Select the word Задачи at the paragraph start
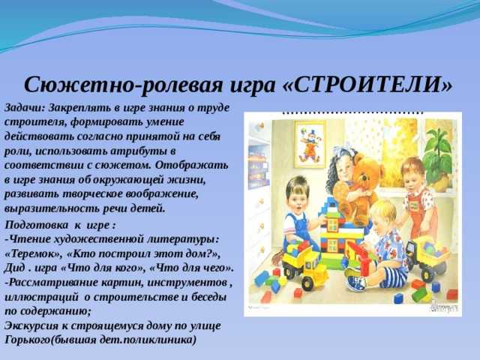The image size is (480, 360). (25, 108)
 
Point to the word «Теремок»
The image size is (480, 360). (33, 254)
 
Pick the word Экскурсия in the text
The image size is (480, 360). (31, 326)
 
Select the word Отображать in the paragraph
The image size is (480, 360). (192, 165)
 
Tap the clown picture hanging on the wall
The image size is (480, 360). (310, 144)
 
